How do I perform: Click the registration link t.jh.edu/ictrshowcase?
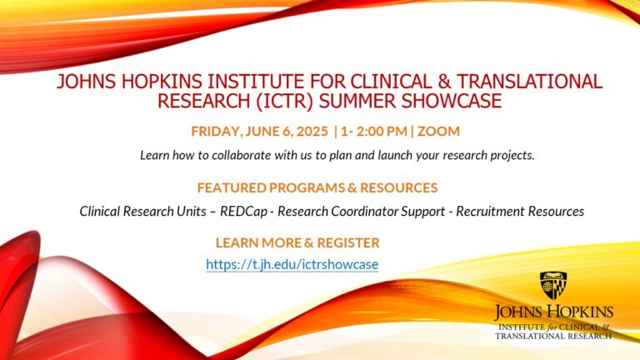tap(292, 264)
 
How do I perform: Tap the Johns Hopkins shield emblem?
tap(553, 285)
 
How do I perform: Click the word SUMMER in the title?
tap(357, 101)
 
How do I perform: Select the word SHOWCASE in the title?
tap(452, 101)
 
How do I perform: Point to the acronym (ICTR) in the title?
tap(284, 101)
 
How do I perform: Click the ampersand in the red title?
tap(444, 81)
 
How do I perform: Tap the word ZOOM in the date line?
tap(438, 131)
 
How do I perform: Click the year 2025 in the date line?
tap(312, 131)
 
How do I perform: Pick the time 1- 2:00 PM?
tap(374, 131)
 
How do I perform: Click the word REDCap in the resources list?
tap(243, 212)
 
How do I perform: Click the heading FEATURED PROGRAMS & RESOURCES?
tap(317, 187)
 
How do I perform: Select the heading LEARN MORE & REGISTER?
tap(297, 242)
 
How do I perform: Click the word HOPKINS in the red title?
tap(162, 81)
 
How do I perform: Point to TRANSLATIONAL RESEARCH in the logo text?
tap(553, 336)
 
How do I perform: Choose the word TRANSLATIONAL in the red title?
tap(529, 81)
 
